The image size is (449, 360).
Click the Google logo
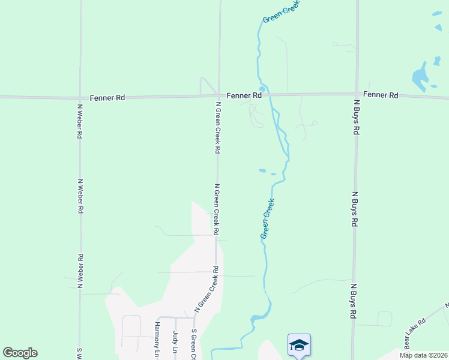pos(20,353)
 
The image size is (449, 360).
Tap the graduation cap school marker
pos(299,344)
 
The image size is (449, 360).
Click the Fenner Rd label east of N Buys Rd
pos(381,95)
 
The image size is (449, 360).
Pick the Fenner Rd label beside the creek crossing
pos(244,95)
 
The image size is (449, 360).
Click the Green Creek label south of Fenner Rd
pos(268,219)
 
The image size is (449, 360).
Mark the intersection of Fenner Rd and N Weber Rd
pos(80,97)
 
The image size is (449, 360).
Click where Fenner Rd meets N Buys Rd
pos(357,94)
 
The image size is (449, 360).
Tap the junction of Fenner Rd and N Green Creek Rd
pos(218,95)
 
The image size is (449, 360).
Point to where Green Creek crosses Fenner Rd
pos(268,94)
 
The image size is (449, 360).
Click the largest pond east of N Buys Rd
pos(420,77)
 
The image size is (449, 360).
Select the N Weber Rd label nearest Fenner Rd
pos(79,122)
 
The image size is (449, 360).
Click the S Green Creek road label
pos(194,344)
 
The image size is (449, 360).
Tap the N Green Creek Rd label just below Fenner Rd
pos(218,127)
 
